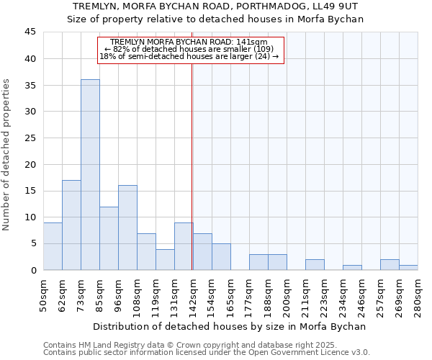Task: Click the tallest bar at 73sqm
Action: point(90,175)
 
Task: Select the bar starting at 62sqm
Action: point(71,225)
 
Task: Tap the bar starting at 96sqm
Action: point(127,228)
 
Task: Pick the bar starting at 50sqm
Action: point(53,246)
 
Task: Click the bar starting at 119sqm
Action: point(165,259)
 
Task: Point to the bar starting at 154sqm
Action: point(221,257)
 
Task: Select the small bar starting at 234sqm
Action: point(352,268)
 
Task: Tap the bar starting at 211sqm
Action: point(315,265)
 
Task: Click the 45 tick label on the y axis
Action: point(30,32)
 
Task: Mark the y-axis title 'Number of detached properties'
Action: point(7,155)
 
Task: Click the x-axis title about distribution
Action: point(229,326)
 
